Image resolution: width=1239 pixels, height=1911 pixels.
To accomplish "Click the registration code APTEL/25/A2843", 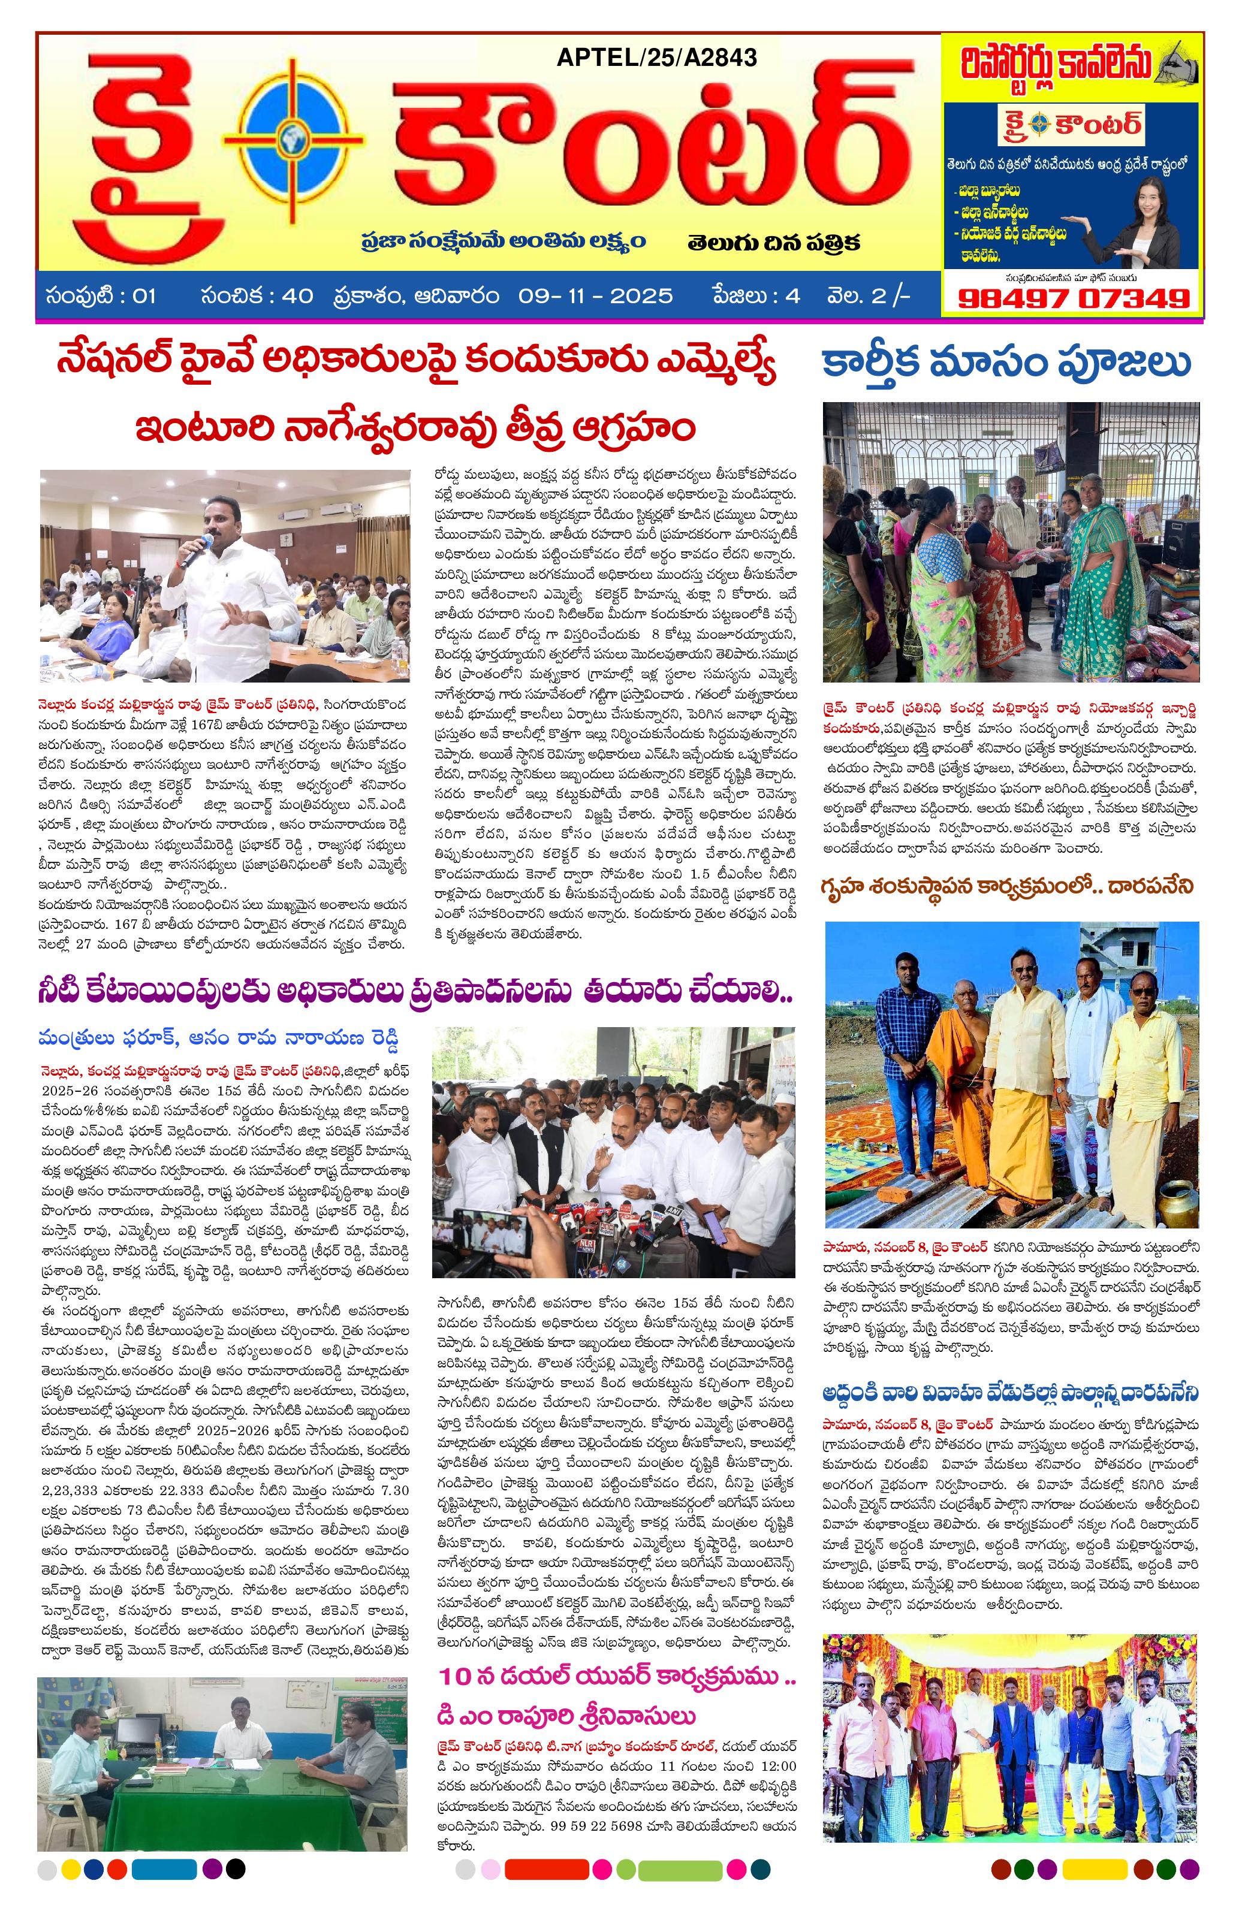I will pyautogui.click(x=655, y=57).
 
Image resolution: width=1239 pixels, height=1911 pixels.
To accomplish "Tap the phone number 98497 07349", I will pyautogui.click(x=1074, y=298).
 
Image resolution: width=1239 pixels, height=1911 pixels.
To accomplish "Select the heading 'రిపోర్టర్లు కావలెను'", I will pyautogui.click(x=1057, y=64).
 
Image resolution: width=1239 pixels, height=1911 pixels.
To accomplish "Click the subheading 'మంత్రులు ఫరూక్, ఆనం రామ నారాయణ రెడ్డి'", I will pyautogui.click(x=218, y=1038).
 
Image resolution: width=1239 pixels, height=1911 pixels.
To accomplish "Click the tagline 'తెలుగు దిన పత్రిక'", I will pyautogui.click(x=773, y=241).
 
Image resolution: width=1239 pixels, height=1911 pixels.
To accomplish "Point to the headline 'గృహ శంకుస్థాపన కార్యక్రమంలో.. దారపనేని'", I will pyautogui.click(x=1007, y=886).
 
